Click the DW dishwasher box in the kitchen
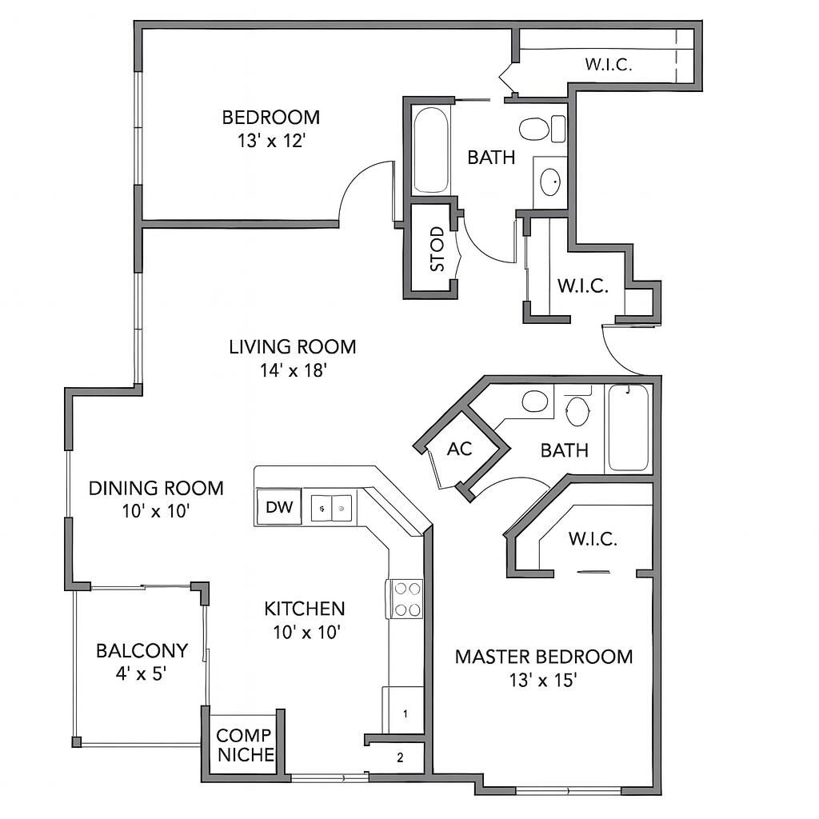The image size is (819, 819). tap(278, 507)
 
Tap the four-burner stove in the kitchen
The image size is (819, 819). tap(407, 599)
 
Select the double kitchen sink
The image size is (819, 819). tap(332, 508)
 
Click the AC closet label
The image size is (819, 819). tap(460, 449)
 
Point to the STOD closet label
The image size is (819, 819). tap(437, 249)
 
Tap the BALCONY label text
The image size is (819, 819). tap(142, 650)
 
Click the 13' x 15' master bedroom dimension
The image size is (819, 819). tap(543, 681)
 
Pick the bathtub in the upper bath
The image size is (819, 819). tap(432, 149)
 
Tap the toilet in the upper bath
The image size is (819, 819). tap(534, 129)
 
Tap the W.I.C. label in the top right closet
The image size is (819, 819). tap(608, 66)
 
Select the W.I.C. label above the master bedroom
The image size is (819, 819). tap(593, 539)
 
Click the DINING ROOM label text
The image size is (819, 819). tap(156, 488)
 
